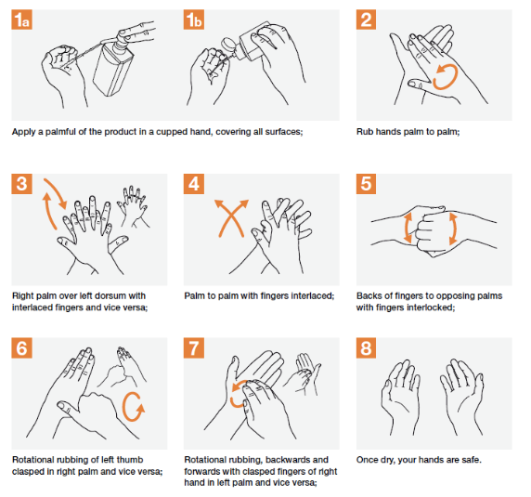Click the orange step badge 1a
tap(21, 20)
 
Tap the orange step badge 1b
tap(194, 20)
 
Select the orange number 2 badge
tap(366, 20)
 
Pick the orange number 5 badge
tap(366, 184)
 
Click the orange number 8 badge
tap(366, 348)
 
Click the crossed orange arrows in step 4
tap(232, 218)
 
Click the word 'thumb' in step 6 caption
tap(130, 460)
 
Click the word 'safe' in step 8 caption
tap(470, 460)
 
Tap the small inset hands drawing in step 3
tap(133, 206)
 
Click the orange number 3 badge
tap(21, 184)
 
